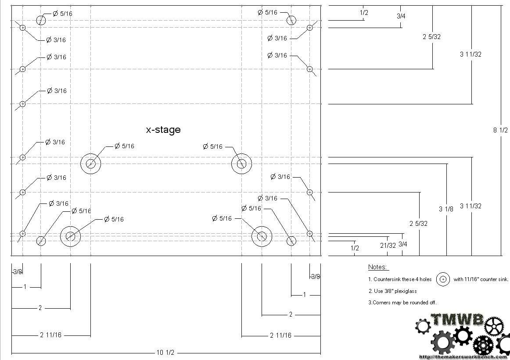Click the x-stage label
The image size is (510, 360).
tap(163, 130)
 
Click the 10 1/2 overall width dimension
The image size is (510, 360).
tap(165, 353)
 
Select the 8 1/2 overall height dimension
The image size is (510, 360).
tap(500, 130)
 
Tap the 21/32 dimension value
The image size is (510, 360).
tap(388, 245)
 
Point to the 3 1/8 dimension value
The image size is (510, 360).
tap(446, 209)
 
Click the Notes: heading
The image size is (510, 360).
tap(377, 267)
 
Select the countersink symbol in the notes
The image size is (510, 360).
tap(443, 279)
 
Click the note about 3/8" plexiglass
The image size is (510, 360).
tap(392, 291)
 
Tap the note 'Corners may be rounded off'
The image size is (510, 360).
tap(402, 303)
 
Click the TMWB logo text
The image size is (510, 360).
tap(457, 320)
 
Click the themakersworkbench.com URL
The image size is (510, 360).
tap(464, 357)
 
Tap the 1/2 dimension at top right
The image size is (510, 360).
tap(364, 13)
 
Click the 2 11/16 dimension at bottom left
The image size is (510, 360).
tap(50, 335)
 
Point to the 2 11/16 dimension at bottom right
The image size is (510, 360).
tap(281, 335)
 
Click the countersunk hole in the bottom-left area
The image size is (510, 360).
tap(71, 236)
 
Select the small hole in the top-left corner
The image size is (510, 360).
tap(22, 28)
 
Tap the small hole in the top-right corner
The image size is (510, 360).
tap(310, 28)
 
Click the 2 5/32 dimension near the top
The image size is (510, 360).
tap(431, 37)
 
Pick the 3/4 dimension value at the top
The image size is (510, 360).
tap(401, 16)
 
